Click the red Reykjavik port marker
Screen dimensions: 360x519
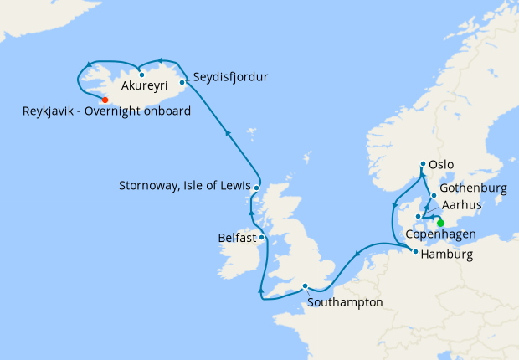105,100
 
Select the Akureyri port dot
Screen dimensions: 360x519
141,75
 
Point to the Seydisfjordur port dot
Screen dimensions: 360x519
182,82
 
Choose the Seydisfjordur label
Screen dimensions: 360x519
230,78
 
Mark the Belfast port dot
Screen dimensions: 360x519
262,238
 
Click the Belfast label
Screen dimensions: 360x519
236,238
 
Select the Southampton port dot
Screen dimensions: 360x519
306,285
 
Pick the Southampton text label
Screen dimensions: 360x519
346,301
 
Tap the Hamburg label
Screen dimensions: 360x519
448,255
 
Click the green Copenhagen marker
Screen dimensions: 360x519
440,223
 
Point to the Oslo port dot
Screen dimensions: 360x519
423,165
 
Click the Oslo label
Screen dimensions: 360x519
441,165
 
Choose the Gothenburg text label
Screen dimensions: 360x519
473,188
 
